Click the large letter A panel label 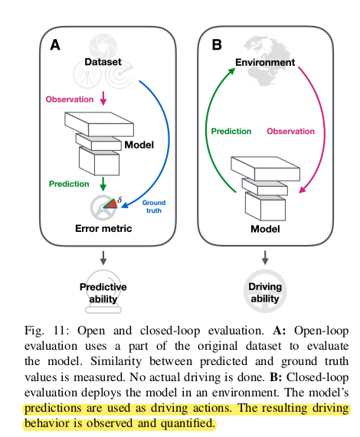(55, 44)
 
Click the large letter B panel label (217, 44)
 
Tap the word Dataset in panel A (103, 62)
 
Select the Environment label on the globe (265, 62)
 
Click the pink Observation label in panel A (70, 99)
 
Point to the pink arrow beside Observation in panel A (103, 99)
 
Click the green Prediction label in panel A (69, 184)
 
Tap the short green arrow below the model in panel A (103, 184)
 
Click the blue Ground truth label (154, 207)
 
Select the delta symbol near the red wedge (119, 200)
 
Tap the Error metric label (103, 228)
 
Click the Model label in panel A (139, 145)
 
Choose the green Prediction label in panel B (231, 131)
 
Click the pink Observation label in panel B (290, 131)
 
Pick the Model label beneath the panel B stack (265, 229)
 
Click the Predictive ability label (103, 292)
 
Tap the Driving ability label (265, 292)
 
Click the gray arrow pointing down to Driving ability (265, 257)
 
